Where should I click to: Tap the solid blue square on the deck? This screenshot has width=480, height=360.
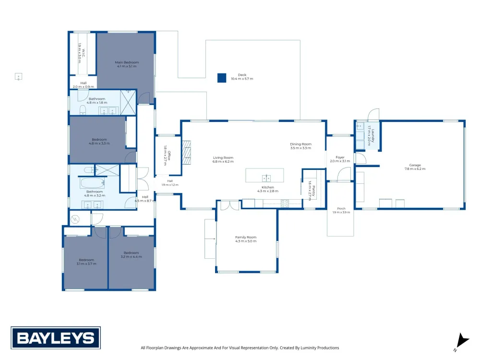click(x=222, y=78)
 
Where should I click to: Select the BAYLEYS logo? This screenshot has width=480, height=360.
click(x=56, y=338)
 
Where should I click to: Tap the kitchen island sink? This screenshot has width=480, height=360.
click(x=266, y=178)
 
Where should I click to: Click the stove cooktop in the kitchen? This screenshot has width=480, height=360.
click(x=285, y=204)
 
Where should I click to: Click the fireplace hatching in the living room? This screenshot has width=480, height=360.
click(x=186, y=153)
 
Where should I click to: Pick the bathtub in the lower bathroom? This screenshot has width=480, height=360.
click(x=92, y=183)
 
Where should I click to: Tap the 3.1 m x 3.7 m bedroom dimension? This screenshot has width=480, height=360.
click(x=86, y=264)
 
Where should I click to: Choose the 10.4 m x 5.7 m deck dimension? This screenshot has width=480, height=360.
click(x=242, y=79)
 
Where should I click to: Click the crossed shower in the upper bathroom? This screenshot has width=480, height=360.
click(x=128, y=102)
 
